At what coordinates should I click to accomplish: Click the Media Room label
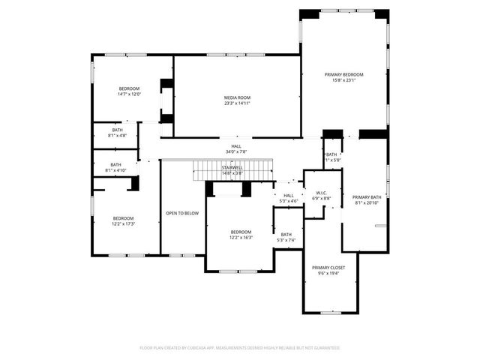tap(237, 97)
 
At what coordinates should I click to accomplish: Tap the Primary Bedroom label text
tap(343, 74)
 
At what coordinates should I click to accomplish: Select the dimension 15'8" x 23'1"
tap(343, 80)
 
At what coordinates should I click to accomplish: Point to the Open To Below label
tap(182, 213)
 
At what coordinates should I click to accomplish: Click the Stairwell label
tap(232, 167)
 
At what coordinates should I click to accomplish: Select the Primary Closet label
tap(328, 267)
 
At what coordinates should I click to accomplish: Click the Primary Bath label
tap(367, 196)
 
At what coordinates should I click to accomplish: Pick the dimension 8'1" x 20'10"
tap(367, 202)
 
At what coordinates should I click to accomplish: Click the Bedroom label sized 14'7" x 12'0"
tap(129, 88)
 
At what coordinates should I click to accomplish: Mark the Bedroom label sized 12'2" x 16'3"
tap(241, 232)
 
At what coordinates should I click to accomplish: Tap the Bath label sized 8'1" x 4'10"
tap(115, 165)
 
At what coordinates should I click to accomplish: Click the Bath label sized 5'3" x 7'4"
tap(286, 234)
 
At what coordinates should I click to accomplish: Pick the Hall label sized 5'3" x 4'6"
tap(289, 195)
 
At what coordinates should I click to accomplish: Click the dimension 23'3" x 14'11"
tap(237, 103)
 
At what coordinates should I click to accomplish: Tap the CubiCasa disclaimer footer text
tap(240, 348)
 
